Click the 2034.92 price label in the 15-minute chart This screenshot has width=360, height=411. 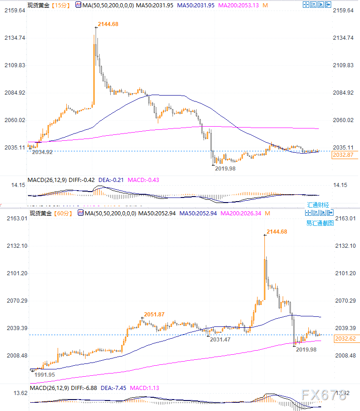42,152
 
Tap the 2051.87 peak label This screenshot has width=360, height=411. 154,314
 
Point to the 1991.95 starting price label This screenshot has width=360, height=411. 45,374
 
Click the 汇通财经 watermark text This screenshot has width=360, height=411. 317,205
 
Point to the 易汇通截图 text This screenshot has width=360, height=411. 320,223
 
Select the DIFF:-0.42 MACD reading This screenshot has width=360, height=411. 81,179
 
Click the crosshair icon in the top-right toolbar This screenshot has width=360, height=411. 306,5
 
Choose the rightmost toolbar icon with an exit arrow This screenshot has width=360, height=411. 328,5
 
